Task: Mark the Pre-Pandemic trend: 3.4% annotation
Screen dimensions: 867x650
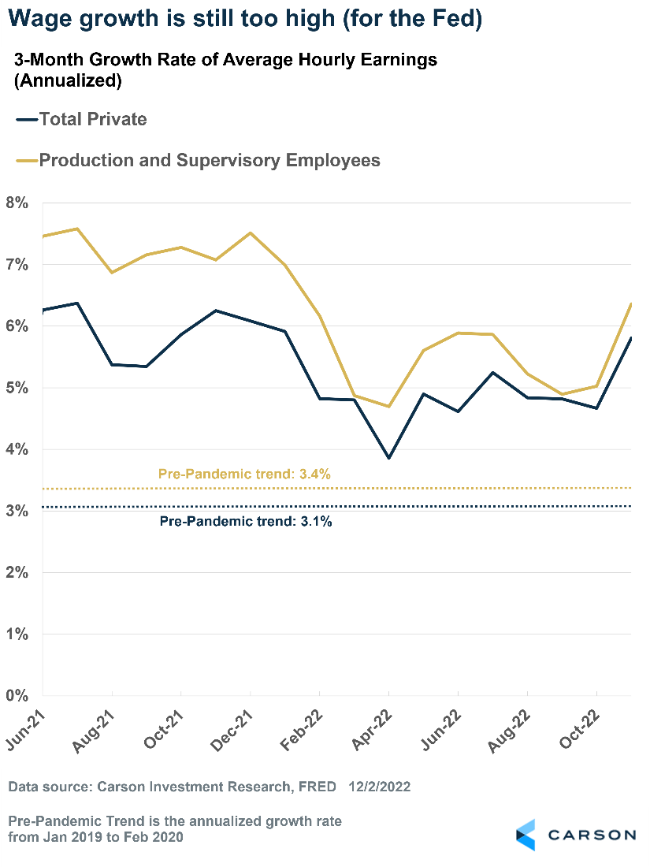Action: click(244, 474)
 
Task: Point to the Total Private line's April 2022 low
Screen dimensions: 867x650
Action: click(388, 458)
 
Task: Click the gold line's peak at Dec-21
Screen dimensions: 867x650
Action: click(251, 233)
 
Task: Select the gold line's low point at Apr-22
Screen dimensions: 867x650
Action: click(388, 407)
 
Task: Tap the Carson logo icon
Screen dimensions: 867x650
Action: click(526, 835)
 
